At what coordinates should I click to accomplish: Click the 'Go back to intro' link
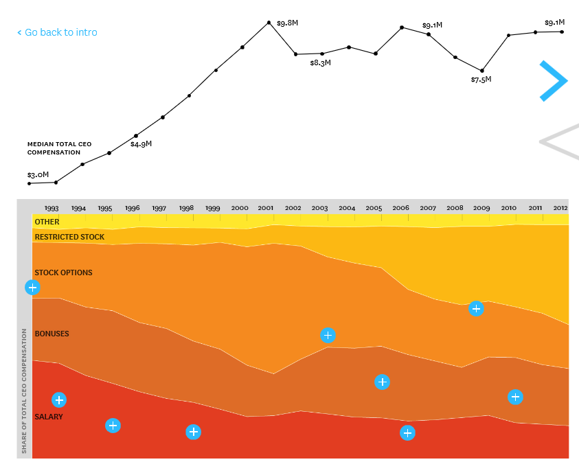pyautogui.click(x=57, y=32)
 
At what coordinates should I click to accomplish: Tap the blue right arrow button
pyautogui.click(x=553, y=81)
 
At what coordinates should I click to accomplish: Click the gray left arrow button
pyautogui.click(x=558, y=141)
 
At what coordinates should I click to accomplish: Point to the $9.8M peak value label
pyautogui.click(x=287, y=23)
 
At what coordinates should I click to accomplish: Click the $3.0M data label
pyautogui.click(x=38, y=175)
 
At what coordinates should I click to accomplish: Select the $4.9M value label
pyautogui.click(x=141, y=144)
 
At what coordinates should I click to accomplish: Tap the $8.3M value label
pyautogui.click(x=320, y=63)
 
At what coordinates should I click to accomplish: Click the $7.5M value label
pyautogui.click(x=481, y=80)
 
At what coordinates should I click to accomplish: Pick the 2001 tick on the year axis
pyautogui.click(x=266, y=207)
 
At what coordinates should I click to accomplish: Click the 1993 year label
pyautogui.click(x=52, y=207)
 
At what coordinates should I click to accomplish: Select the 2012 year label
pyautogui.click(x=560, y=207)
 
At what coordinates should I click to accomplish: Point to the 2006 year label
pyautogui.click(x=400, y=207)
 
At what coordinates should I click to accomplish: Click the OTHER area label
pyautogui.click(x=47, y=222)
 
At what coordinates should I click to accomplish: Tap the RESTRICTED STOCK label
pyautogui.click(x=69, y=237)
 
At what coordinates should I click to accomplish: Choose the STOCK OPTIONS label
pyautogui.click(x=63, y=272)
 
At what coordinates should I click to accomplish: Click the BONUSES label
pyautogui.click(x=52, y=334)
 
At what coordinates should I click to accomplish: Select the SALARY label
pyautogui.click(x=49, y=417)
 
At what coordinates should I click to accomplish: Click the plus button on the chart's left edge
pyautogui.click(x=32, y=288)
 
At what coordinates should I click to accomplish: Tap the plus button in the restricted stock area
pyautogui.click(x=476, y=309)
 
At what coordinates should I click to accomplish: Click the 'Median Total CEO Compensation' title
pyautogui.click(x=59, y=148)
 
